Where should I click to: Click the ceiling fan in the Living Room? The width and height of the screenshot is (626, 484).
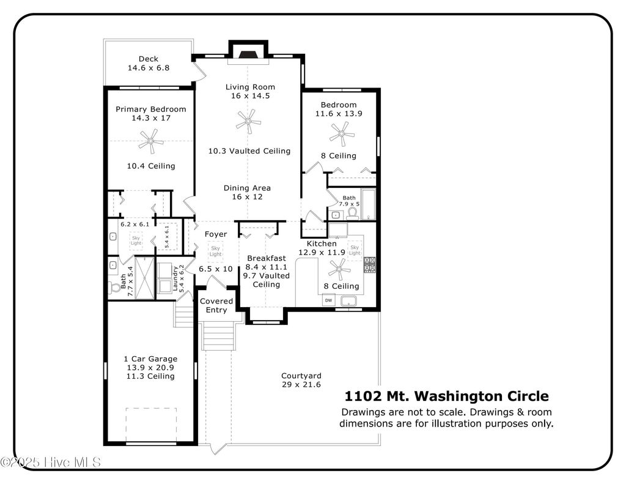248,121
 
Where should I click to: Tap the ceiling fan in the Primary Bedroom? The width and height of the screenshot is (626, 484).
151,141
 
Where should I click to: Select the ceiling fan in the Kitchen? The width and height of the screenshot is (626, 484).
339,269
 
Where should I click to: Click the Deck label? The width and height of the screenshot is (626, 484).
149,59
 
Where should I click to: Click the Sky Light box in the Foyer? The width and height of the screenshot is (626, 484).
216,251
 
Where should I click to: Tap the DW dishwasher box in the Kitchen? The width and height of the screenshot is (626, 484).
328,300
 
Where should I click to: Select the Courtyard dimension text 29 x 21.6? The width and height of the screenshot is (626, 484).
301,384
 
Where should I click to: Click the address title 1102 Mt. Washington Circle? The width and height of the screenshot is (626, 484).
446,396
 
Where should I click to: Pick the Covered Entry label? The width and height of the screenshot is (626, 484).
216,305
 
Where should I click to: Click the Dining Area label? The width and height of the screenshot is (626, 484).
247,188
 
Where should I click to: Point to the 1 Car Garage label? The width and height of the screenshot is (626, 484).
150,359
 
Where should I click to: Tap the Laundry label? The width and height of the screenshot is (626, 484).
175,278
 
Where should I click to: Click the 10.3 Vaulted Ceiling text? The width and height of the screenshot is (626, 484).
249,151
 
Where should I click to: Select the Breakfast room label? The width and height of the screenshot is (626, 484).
267,258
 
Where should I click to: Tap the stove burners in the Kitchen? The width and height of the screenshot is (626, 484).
369,264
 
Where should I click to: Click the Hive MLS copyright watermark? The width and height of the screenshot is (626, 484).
51,463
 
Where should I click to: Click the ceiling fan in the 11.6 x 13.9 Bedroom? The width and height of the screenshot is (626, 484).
342,134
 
